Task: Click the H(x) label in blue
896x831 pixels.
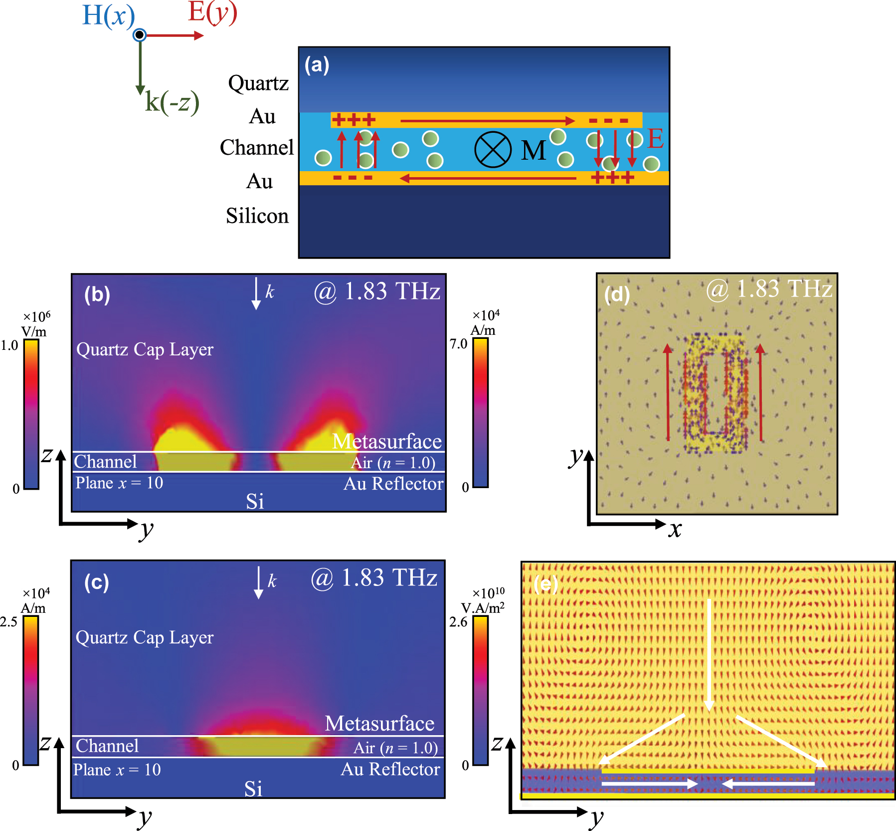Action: (108, 15)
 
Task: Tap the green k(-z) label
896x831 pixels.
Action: (172, 102)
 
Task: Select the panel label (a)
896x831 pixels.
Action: (317, 65)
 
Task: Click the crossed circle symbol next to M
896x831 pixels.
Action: (493, 150)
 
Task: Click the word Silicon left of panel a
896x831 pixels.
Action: (257, 216)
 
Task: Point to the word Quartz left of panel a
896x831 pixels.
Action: (258, 83)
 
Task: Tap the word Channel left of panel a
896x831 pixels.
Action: (257, 147)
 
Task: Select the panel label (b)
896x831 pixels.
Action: (97, 294)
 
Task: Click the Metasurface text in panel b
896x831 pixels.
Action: (387, 441)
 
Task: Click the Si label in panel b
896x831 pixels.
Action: (255, 501)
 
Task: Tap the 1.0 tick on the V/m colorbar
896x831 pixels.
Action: (9, 345)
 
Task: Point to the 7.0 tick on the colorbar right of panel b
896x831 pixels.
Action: (458, 343)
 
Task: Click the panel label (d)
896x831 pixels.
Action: (617, 294)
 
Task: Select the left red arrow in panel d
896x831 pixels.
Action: (668, 392)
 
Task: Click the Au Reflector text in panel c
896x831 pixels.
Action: (390, 769)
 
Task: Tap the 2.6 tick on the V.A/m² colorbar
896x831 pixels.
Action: (458, 622)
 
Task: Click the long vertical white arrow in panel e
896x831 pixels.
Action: (709, 654)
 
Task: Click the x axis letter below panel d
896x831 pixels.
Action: (675, 529)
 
